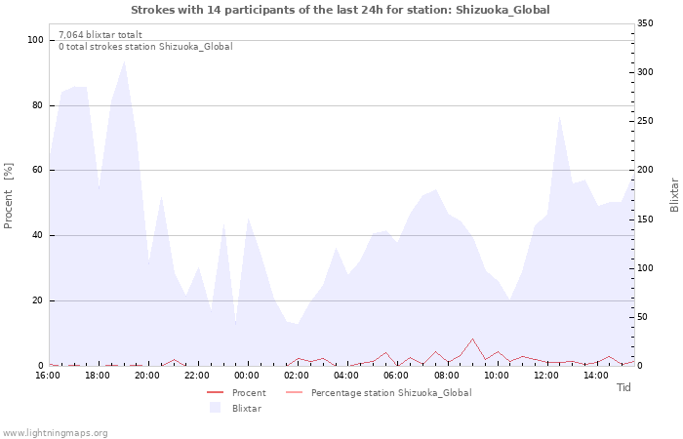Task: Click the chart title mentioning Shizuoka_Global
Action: [341, 10]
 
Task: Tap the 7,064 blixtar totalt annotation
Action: [100, 35]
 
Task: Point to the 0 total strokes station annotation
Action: [145, 47]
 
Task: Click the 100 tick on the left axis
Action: [35, 40]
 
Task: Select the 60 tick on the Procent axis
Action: [37, 171]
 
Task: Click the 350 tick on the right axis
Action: [645, 23]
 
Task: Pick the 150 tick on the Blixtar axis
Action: [645, 219]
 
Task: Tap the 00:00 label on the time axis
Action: [247, 376]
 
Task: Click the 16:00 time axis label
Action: [48, 376]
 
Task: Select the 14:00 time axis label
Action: [596, 376]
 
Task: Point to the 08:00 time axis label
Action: [447, 376]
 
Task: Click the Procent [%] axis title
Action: [8, 195]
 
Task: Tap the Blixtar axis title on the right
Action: [674, 195]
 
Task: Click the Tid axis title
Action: [623, 387]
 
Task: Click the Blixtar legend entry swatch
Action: [216, 408]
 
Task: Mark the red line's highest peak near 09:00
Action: [472, 339]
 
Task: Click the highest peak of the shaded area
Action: [125, 61]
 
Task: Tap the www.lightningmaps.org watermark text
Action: [55, 433]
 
